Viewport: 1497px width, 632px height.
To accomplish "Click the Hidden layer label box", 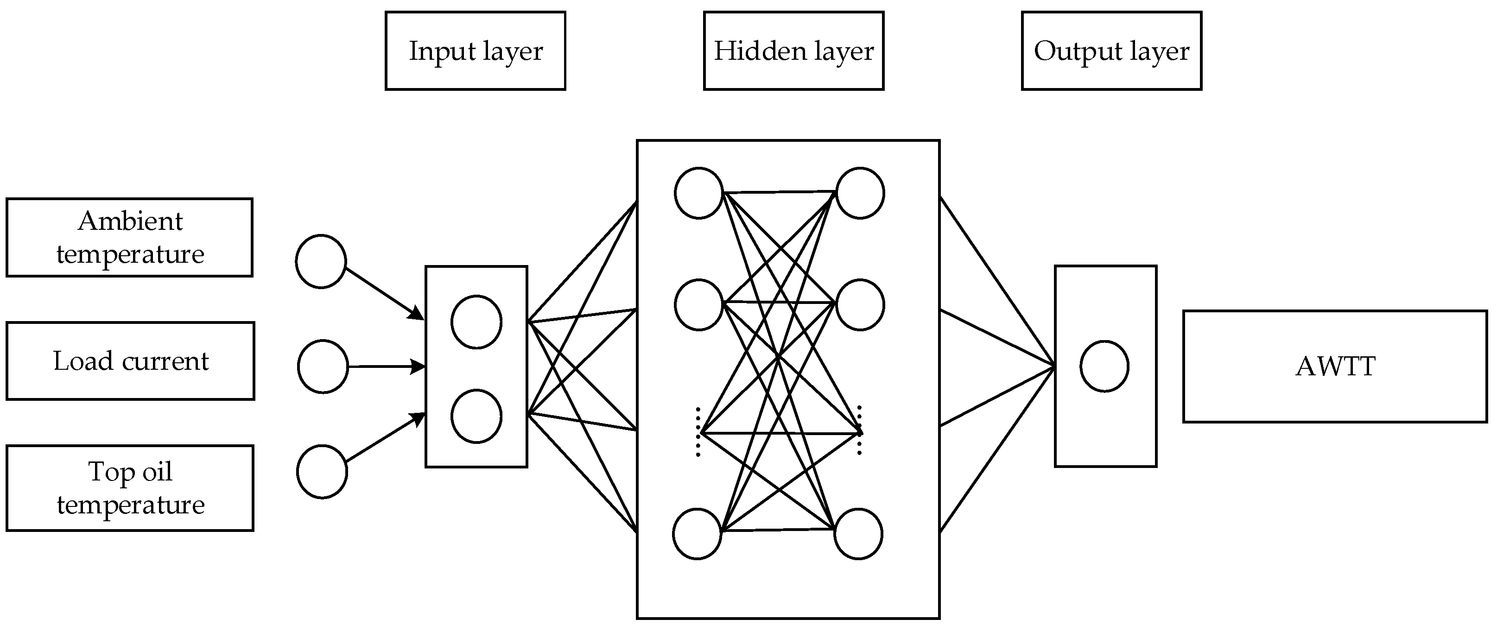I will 793,51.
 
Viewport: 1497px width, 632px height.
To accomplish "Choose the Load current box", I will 130,361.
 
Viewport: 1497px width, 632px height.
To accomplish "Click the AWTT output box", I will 1335,367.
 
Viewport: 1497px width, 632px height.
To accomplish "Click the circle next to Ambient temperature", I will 321,261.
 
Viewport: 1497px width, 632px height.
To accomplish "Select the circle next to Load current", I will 323,367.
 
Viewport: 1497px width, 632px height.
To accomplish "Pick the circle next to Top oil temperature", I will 322,472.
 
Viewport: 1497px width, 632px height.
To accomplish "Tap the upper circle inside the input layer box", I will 476,322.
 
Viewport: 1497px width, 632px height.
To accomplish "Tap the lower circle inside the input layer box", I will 476,417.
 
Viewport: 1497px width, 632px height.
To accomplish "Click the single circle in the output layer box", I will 1104,367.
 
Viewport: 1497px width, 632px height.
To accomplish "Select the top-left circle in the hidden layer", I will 698,193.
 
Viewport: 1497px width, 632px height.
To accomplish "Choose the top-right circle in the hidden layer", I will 860,193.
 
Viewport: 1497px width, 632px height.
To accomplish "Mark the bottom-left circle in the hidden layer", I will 698,534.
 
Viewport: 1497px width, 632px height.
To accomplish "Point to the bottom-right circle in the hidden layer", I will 858,534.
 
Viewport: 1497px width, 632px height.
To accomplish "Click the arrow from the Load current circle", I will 387,367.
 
